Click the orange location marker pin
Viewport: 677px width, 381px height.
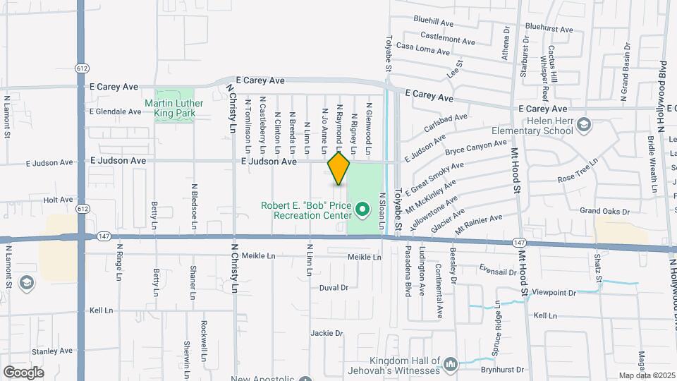(x=338, y=169)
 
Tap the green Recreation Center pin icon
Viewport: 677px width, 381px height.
(x=362, y=210)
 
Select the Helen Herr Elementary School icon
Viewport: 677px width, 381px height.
(x=583, y=126)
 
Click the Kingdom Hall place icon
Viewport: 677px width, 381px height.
(x=450, y=364)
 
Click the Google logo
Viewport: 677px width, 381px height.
(x=23, y=372)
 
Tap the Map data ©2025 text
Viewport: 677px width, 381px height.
(x=646, y=375)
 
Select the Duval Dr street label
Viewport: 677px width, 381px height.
(x=334, y=288)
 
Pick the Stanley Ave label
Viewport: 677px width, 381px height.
(x=52, y=351)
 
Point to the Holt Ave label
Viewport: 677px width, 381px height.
(x=58, y=200)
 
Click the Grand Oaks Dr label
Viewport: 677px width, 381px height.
(x=604, y=211)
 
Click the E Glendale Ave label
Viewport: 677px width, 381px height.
(x=116, y=111)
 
